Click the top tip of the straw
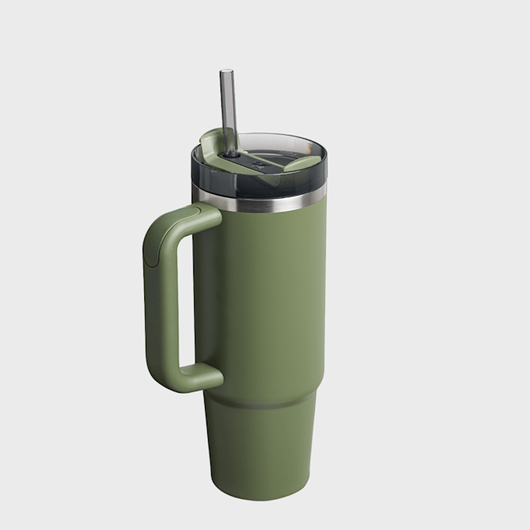(225, 72)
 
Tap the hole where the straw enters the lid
(231, 154)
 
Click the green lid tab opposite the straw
(302, 164)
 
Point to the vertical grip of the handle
(160, 304)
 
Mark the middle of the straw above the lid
(228, 109)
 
